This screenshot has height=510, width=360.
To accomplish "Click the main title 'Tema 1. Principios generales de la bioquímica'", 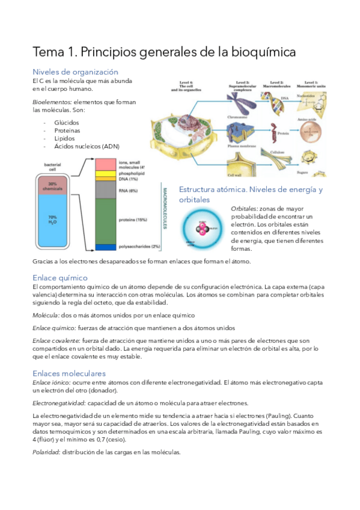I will [x=164, y=52].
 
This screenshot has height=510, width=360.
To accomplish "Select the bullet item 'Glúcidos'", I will [x=66, y=122].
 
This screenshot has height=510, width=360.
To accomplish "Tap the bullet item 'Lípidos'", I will [x=65, y=138].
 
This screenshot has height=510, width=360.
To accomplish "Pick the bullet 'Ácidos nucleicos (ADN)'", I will [x=87, y=147].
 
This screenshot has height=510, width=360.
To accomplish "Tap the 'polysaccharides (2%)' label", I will [x=139, y=247].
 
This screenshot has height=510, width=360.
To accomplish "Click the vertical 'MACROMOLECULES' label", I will [x=165, y=207].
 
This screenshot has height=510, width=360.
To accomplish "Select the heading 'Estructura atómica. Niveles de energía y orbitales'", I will [x=251, y=194].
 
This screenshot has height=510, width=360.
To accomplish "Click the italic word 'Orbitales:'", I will [x=244, y=208].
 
